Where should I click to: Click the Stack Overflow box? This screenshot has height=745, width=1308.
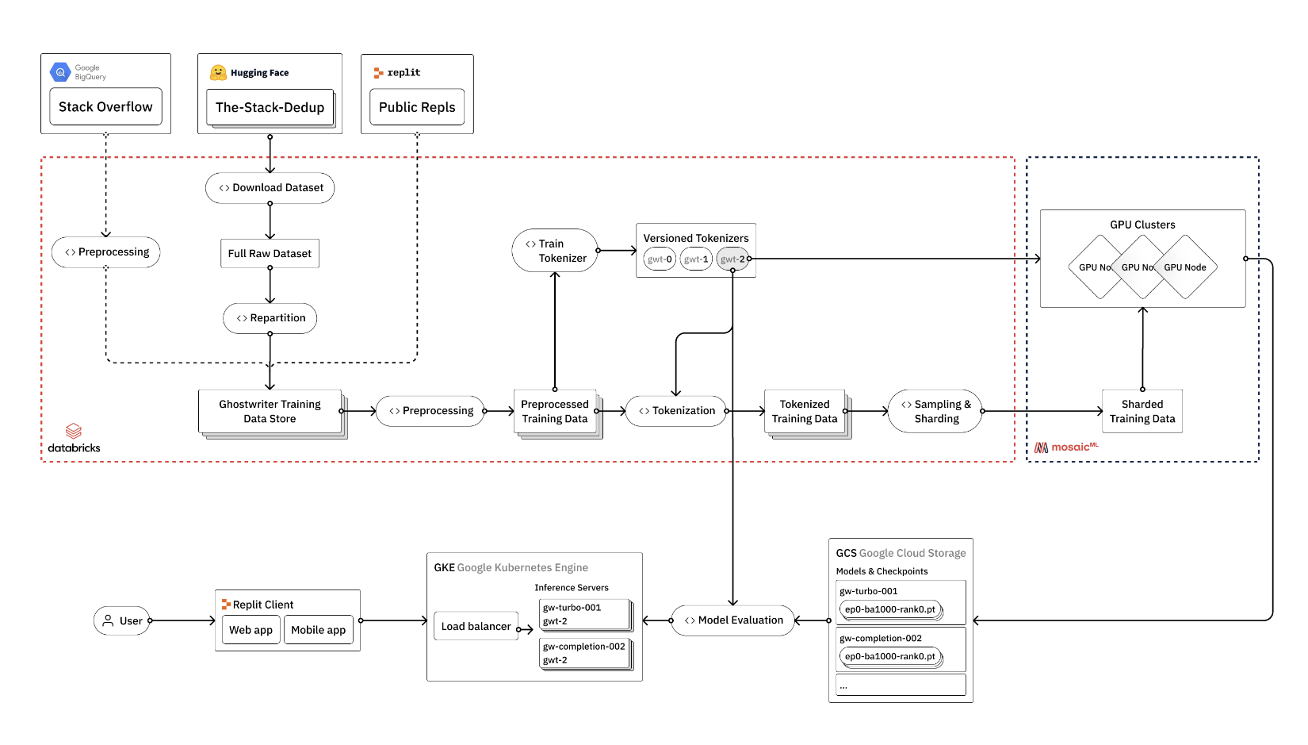(105, 107)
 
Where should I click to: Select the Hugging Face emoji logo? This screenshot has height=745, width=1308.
(218, 73)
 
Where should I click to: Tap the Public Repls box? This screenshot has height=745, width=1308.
(417, 107)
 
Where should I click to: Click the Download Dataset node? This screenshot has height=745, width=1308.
(270, 188)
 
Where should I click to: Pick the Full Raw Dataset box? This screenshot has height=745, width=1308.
(270, 254)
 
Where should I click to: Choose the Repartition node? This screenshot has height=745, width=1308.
(270, 318)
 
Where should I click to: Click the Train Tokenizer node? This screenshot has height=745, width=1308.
(555, 251)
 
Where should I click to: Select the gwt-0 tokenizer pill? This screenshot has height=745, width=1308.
(660, 259)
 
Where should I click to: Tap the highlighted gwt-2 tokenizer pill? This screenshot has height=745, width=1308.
(732, 259)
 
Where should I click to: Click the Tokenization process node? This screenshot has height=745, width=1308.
(676, 411)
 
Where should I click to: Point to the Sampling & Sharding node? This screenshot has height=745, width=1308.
(935, 411)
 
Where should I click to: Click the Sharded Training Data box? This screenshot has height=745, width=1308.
(1142, 411)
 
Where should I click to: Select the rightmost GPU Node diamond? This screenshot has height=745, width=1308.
(1186, 267)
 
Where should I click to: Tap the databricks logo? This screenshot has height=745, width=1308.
(74, 438)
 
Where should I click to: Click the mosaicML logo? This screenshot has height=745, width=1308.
(1066, 447)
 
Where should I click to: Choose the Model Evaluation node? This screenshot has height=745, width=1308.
(733, 620)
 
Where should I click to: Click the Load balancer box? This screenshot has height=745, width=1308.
(476, 627)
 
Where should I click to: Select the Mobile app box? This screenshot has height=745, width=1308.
(318, 630)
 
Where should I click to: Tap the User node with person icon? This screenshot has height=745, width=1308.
(122, 621)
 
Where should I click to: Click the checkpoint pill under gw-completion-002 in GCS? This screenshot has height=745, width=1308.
(890, 657)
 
